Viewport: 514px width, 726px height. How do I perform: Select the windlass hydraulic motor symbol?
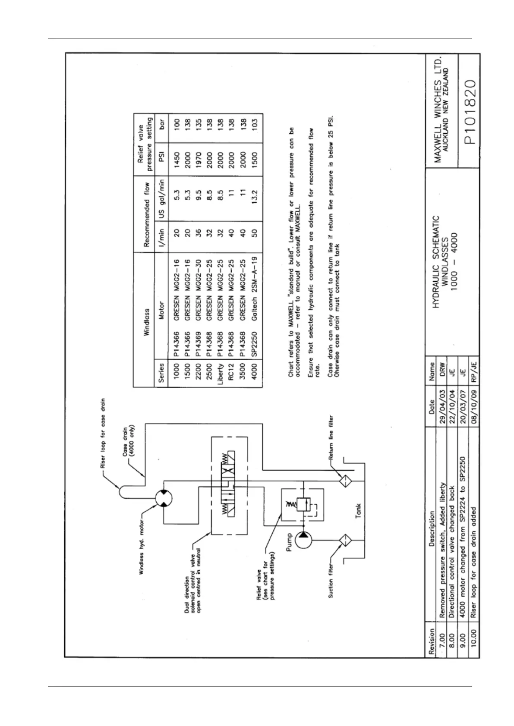164,499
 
